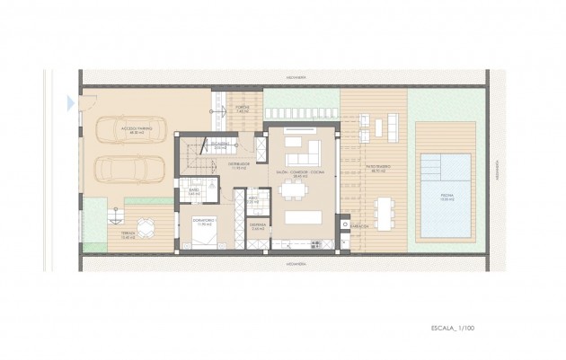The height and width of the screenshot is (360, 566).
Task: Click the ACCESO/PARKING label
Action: (x=137, y=129)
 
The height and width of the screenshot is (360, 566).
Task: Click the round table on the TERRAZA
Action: (x=143, y=225)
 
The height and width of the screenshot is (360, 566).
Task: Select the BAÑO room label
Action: (x=194, y=191)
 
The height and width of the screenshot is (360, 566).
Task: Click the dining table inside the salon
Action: (x=294, y=189)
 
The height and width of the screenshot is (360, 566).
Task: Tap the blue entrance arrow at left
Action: (x=70, y=103)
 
